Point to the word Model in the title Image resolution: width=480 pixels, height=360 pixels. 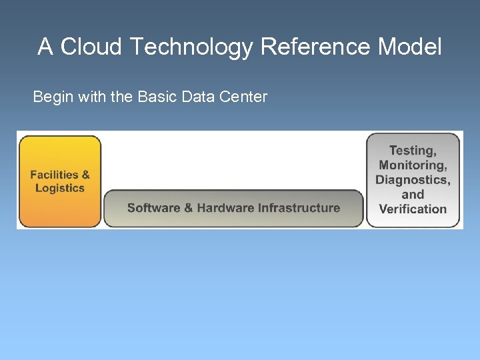pos(409,47)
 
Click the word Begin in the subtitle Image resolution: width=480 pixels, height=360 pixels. pos(53,97)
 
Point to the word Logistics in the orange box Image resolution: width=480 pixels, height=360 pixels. pos(60,188)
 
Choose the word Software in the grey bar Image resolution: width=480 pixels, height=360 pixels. pos(153,208)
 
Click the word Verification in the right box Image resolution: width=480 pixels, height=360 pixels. pos(413,209)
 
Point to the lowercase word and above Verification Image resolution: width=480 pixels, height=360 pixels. pos(413,195)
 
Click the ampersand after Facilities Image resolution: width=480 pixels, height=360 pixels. pos(85,175)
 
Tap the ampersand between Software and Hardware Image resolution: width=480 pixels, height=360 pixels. pos(189,208)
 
